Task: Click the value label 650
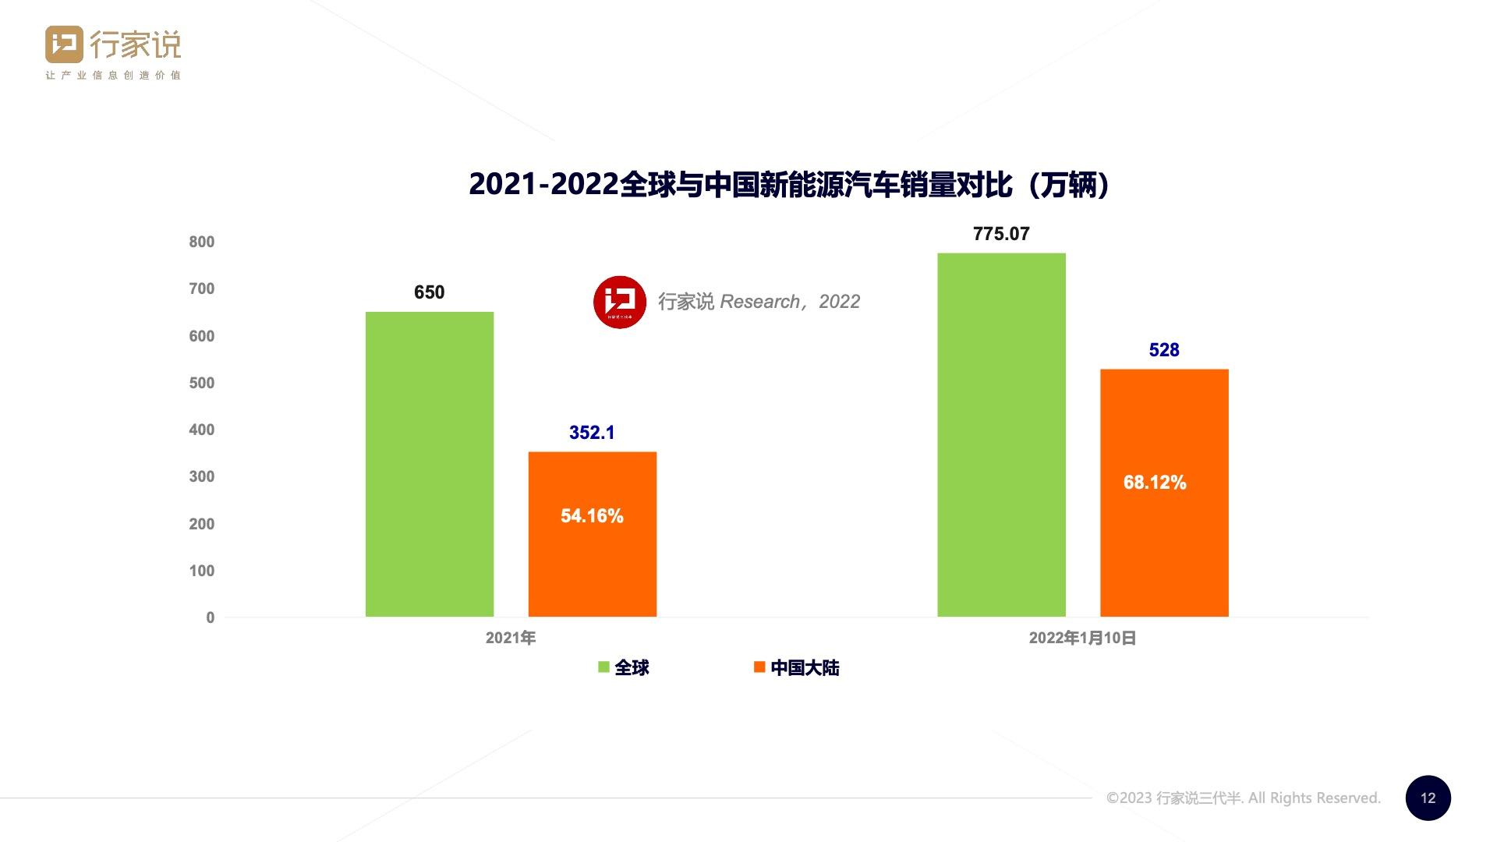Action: pos(430,292)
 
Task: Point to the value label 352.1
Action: pos(592,433)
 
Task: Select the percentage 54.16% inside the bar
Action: pos(592,516)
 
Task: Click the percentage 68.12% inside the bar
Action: pos(1155,483)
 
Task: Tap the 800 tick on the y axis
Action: pos(201,242)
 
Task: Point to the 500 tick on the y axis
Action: pos(201,383)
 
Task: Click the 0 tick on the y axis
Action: pos(210,617)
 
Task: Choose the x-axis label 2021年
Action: pos(511,638)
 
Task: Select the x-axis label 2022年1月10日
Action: pos(1082,638)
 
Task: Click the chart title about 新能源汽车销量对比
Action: pos(788,185)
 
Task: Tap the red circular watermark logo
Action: pos(620,302)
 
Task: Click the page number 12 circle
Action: pos(1428,798)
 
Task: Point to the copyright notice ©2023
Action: pos(1243,798)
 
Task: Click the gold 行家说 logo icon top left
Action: pos(64,44)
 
